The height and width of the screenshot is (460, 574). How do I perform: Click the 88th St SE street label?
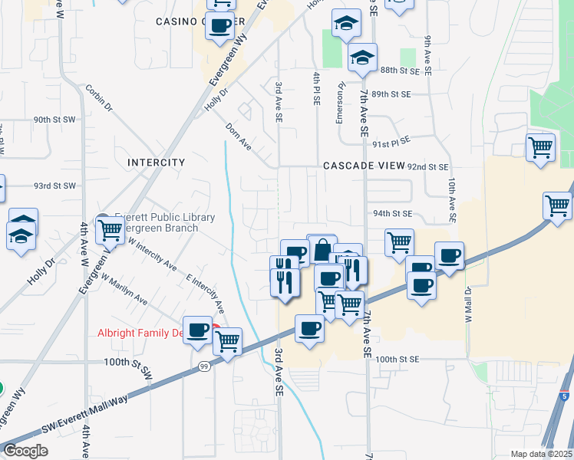coord(400,71)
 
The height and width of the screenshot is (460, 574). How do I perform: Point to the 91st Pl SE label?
coord(391,142)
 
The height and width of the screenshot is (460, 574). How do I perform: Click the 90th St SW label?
coord(54,120)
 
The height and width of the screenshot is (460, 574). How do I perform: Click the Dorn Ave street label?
coord(239,135)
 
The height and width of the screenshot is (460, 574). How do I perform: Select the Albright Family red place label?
coord(141,333)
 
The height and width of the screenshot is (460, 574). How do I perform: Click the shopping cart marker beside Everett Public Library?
coord(111,228)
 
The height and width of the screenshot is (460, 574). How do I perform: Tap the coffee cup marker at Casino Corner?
coord(219,25)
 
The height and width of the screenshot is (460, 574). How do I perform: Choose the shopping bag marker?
coord(322,249)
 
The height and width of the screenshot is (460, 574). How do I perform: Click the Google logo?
coord(25,451)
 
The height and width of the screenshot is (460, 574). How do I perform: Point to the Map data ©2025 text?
coord(540,454)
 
